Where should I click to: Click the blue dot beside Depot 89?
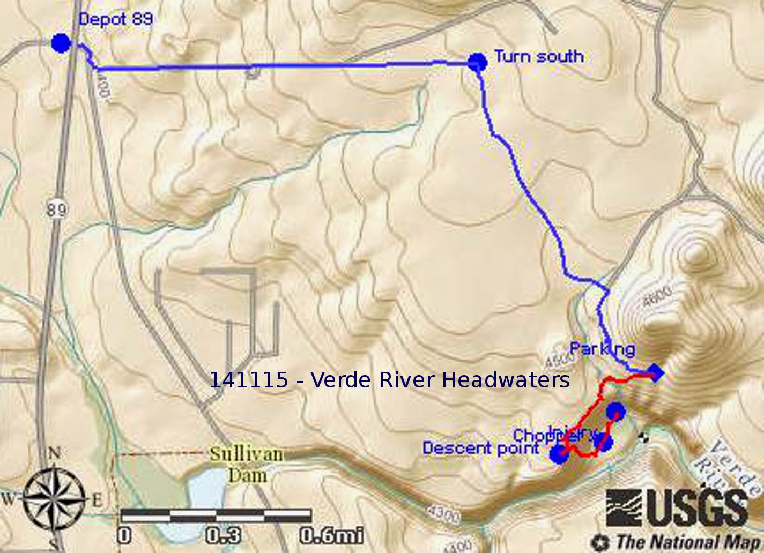61,43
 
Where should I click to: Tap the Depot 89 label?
115,19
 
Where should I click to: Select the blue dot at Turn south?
477,62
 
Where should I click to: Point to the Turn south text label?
538,56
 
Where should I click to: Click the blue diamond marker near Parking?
655,372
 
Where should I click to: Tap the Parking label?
602,349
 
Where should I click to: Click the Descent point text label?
480,447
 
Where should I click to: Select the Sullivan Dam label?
246,464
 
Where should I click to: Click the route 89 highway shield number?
56,208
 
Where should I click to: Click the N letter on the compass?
54,453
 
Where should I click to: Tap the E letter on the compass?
97,500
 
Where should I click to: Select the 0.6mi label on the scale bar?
331,535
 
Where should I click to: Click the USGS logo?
678,507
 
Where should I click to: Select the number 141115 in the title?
248,379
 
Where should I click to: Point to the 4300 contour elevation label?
444,514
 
